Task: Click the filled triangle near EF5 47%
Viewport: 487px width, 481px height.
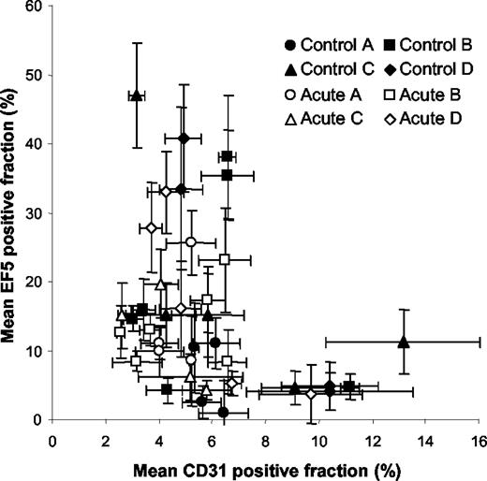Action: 137,95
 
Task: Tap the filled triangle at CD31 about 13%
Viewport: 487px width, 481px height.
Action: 404,342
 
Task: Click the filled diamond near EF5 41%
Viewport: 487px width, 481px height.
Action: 184,138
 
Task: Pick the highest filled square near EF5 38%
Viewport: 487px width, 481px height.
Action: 227,156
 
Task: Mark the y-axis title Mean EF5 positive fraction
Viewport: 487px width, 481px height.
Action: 12,213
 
